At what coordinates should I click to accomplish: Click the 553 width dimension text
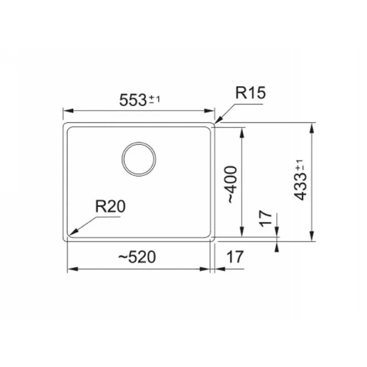pyautogui.click(x=133, y=100)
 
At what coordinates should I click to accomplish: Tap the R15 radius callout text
pyautogui.click(x=250, y=93)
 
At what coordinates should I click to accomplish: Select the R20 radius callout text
pyautogui.click(x=111, y=206)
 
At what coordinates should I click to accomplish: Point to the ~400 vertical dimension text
pyautogui.click(x=232, y=184)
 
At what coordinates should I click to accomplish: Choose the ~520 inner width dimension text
pyautogui.click(x=137, y=257)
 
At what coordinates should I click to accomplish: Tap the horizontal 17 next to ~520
pyautogui.click(x=235, y=257)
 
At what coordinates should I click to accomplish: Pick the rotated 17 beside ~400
pyautogui.click(x=266, y=219)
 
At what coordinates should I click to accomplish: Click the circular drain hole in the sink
pyautogui.click(x=139, y=159)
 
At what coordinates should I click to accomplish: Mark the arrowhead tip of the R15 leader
pyautogui.click(x=215, y=123)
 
